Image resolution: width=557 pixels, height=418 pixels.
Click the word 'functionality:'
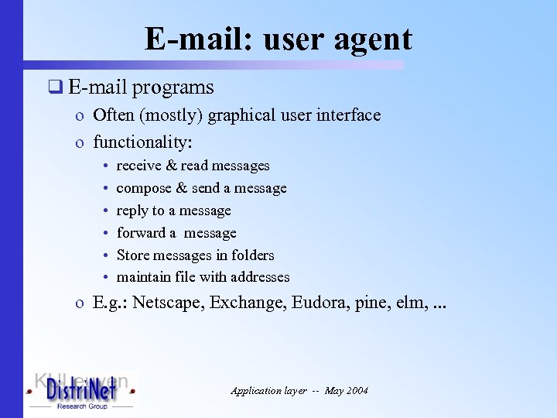pos(142,142)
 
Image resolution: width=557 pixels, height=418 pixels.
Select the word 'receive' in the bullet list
pos(138,166)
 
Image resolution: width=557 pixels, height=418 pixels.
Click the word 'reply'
pos(132,211)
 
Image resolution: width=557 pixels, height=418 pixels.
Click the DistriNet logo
pos(81,391)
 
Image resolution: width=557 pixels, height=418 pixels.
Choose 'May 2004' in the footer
pos(347,391)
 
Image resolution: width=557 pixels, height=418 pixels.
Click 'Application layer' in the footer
pos(267,391)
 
